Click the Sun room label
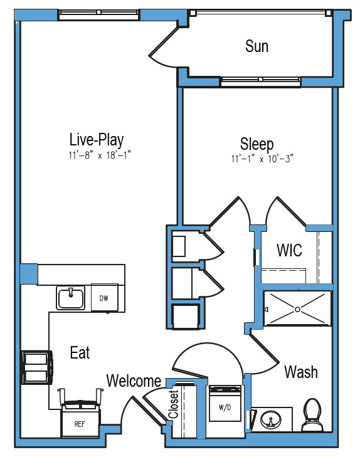tap(257, 46)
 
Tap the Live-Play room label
tap(97, 140)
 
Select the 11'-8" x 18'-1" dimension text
tap(99, 155)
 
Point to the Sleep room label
tap(257, 144)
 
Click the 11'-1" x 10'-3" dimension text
tap(262, 159)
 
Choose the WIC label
tap(289, 250)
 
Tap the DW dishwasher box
tap(104, 298)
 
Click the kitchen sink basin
tap(70, 298)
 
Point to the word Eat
tap(80, 352)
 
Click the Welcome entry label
tap(134, 381)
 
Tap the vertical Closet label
tap(173, 404)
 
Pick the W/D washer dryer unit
tap(225, 403)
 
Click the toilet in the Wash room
tap(312, 415)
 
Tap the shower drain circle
tap(297, 309)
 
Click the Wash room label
tap(301, 372)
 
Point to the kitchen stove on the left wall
tap(37, 367)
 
